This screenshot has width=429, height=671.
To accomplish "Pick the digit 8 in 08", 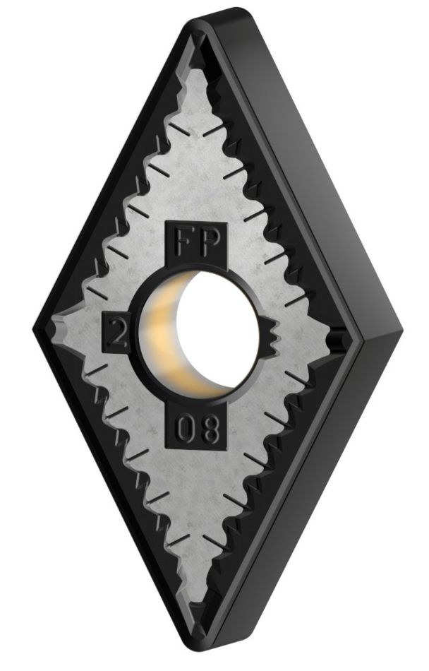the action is tap(210, 429).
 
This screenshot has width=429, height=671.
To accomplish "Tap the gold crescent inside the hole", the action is tap(164, 338).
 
